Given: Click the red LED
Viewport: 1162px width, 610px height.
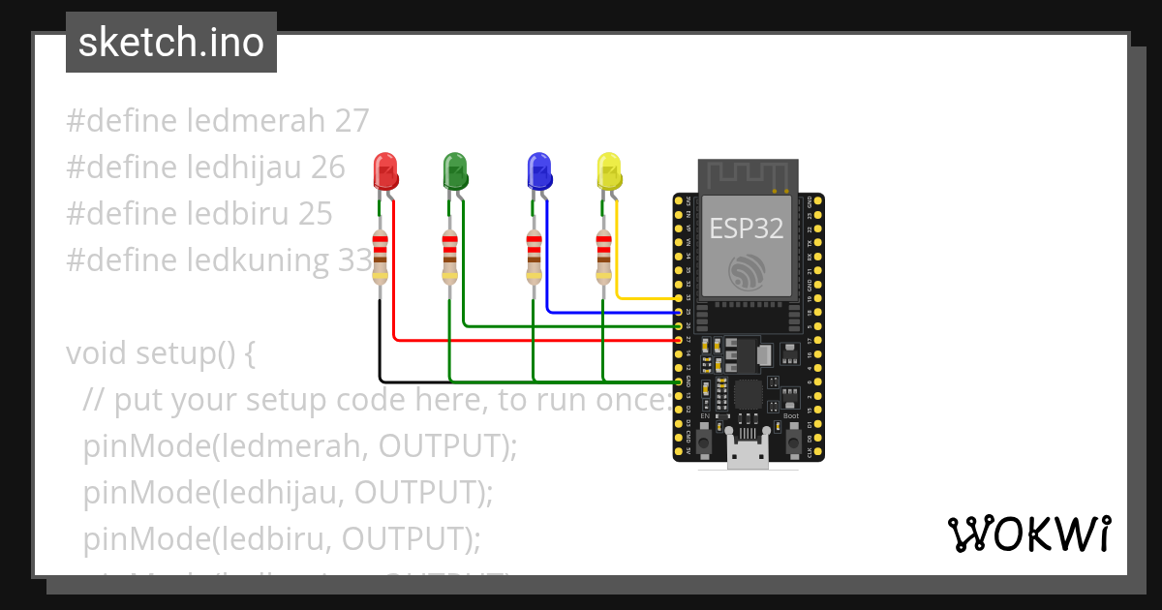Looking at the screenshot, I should [x=385, y=171].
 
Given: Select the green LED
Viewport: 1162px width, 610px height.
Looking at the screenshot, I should [x=454, y=171].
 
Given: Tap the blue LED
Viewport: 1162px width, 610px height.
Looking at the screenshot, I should [x=538, y=171].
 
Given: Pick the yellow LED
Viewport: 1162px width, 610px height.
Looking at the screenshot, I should [x=608, y=171].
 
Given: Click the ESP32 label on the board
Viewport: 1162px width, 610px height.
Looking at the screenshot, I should [x=746, y=229].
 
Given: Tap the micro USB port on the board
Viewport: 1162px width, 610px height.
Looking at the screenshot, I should [x=749, y=454].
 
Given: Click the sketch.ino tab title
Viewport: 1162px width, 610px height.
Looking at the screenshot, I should [x=171, y=43].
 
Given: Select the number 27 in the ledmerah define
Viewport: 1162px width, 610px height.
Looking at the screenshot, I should [x=352, y=121].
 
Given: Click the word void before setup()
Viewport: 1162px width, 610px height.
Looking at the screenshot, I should [x=97, y=353].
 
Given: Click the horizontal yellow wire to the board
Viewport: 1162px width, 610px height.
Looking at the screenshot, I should [x=644, y=297].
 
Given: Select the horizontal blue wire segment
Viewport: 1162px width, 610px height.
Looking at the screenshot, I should [x=610, y=312].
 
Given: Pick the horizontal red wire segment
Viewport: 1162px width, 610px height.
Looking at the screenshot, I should [x=533, y=340].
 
